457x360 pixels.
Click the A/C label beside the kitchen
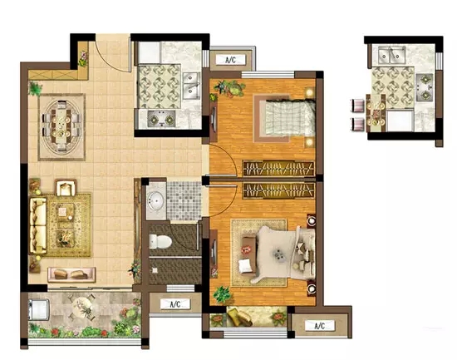(230, 61)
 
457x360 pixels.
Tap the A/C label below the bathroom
(175, 304)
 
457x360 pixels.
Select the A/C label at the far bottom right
(320, 326)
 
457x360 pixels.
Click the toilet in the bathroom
(160, 242)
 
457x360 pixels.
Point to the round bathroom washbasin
(155, 200)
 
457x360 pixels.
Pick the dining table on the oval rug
(61, 126)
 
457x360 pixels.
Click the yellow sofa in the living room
(38, 225)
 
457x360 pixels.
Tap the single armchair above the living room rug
(66, 188)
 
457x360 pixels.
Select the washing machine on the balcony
(39, 309)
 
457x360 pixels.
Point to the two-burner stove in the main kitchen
(161, 119)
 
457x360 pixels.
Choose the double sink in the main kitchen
(191, 86)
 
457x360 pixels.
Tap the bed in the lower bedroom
(286, 254)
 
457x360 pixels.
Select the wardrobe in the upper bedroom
(278, 168)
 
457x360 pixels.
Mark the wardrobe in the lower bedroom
(278, 190)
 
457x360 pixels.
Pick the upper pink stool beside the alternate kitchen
(357, 106)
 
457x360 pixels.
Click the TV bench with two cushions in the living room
(71, 274)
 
